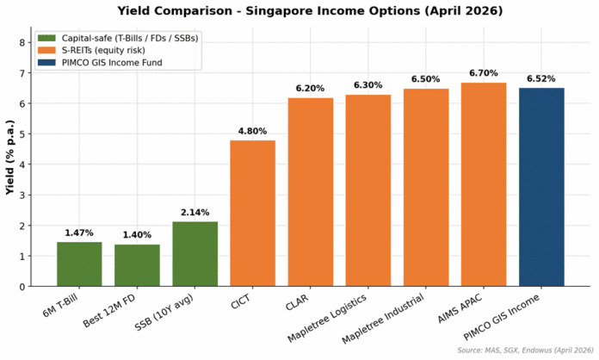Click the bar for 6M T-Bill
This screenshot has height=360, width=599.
pos(79,264)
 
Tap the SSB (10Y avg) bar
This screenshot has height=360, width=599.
pos(195,254)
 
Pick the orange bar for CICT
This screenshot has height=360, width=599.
pos(252,214)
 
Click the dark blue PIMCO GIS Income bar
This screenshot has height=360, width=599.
pos(541,187)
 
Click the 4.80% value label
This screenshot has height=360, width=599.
pos(252,131)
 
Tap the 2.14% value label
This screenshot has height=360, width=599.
pos(195,212)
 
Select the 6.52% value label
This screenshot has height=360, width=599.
pos(541,78)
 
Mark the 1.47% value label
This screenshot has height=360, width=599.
pos(79,233)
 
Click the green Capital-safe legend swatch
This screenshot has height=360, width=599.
pos(46,39)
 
